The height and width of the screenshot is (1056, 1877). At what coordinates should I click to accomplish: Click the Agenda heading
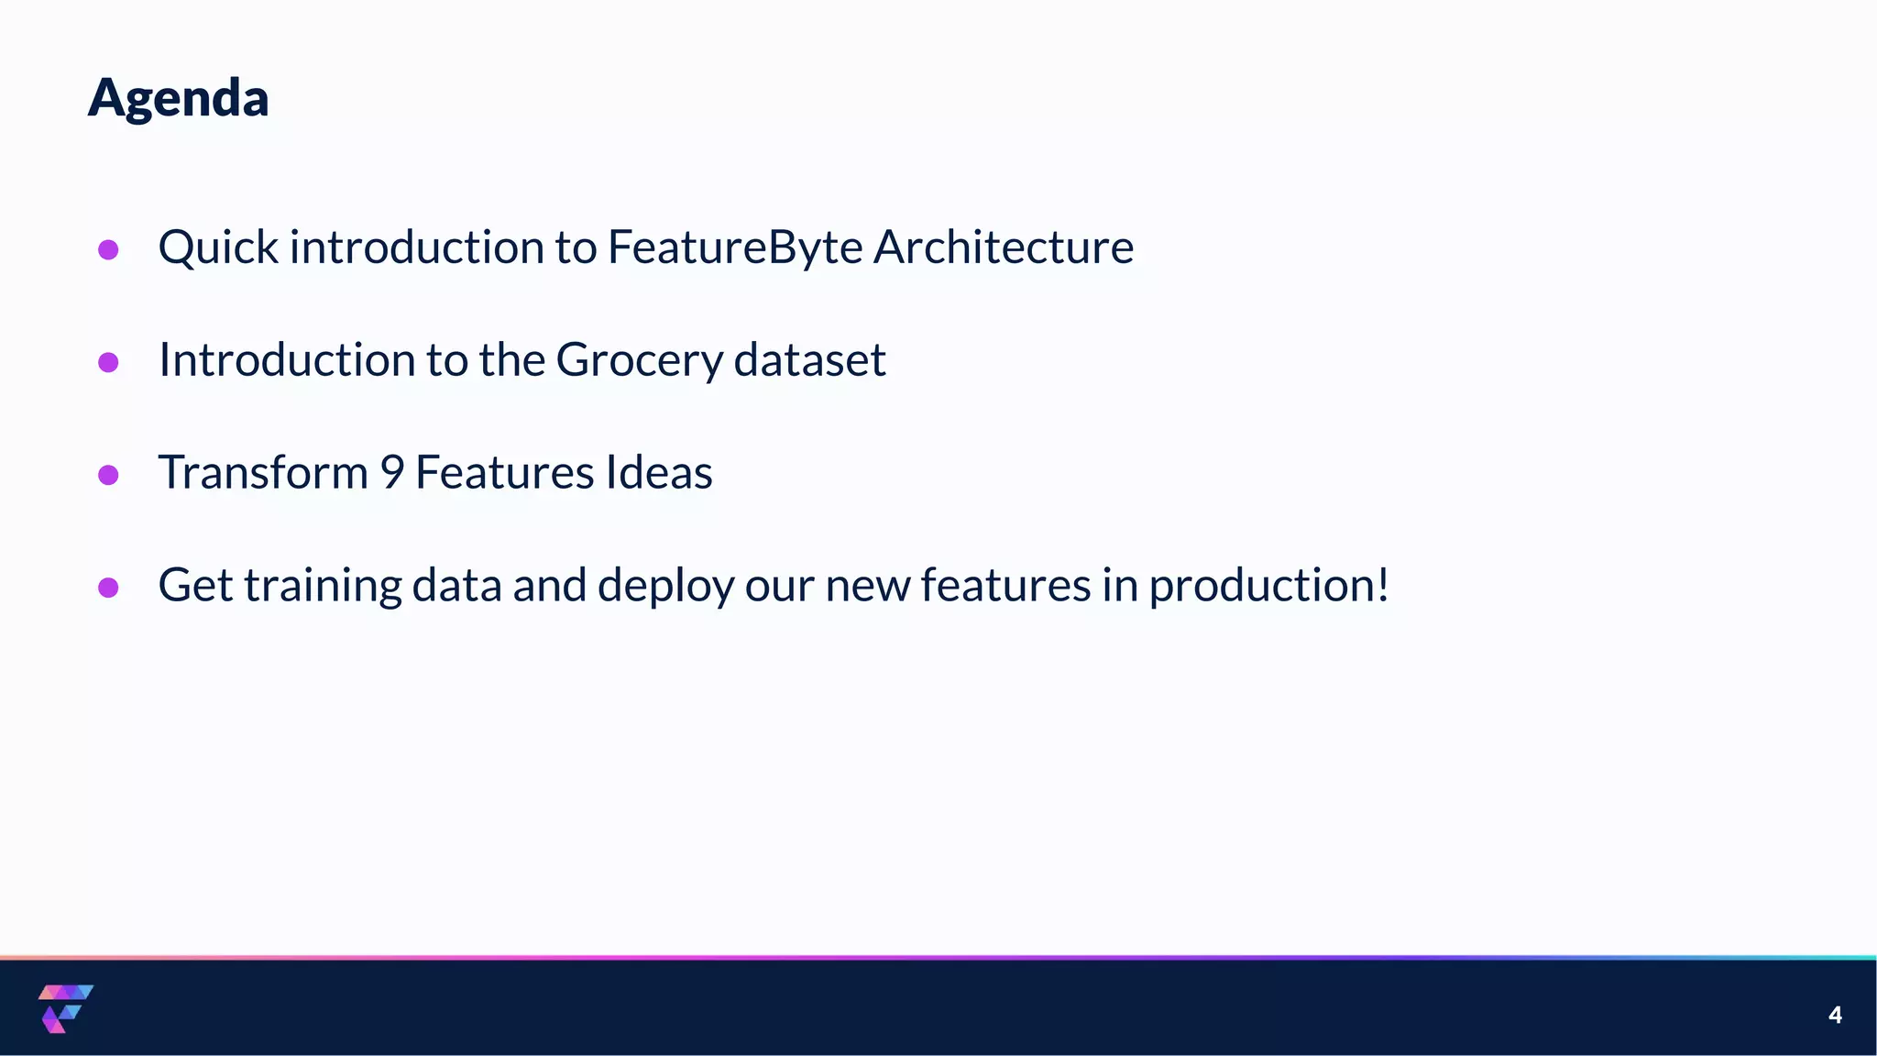tap(178, 97)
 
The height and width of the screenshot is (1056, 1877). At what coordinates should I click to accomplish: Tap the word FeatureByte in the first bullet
tap(734, 247)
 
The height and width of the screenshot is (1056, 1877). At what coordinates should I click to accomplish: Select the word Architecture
tap(1003, 247)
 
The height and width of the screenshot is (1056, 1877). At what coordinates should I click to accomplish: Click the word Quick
tap(218, 247)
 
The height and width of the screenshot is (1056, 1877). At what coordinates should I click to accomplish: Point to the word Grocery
tap(639, 359)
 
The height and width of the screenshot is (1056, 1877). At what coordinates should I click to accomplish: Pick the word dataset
tap(809, 359)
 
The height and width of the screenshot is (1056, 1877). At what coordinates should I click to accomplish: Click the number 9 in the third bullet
tap(391, 472)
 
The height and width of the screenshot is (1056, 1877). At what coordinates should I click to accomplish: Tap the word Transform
tap(263, 472)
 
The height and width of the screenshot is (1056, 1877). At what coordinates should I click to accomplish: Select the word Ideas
tap(658, 472)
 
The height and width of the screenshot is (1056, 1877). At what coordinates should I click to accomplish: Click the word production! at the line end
tap(1268, 585)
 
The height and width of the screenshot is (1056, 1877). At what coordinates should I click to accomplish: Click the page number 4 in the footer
tap(1835, 1015)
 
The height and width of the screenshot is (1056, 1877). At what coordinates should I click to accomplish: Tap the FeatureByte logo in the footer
tap(65, 1008)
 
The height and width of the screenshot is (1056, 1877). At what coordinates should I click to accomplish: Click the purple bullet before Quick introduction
tap(108, 249)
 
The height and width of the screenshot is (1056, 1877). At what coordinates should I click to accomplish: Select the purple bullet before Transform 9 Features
tap(108, 475)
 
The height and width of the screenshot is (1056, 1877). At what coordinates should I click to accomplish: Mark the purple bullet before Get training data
tap(108, 588)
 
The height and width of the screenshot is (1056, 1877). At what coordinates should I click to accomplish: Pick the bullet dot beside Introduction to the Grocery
tap(108, 362)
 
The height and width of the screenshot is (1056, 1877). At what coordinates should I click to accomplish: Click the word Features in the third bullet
tap(504, 472)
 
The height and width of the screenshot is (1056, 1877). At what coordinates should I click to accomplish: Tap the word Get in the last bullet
tap(195, 585)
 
